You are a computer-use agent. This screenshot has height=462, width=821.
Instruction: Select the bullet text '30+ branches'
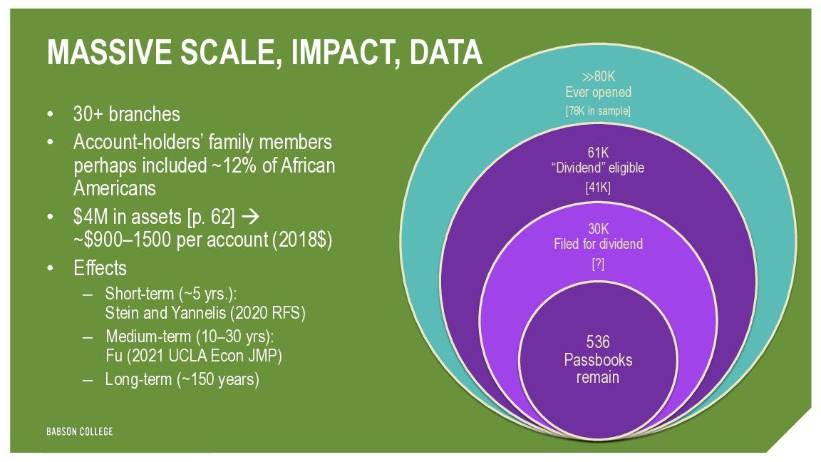click(x=126, y=114)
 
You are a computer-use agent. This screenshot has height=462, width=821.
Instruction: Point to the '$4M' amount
click(x=91, y=217)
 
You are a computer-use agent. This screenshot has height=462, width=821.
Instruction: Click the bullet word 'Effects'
click(x=100, y=268)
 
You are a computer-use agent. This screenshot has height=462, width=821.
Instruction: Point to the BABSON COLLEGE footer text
click(x=80, y=431)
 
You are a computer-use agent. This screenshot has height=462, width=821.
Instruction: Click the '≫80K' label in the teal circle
click(x=598, y=77)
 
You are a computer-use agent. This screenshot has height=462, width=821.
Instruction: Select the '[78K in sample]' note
click(x=598, y=111)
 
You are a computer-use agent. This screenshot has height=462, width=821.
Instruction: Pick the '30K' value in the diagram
click(x=598, y=230)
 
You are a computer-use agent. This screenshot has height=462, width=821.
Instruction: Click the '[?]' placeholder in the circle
click(x=598, y=265)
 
